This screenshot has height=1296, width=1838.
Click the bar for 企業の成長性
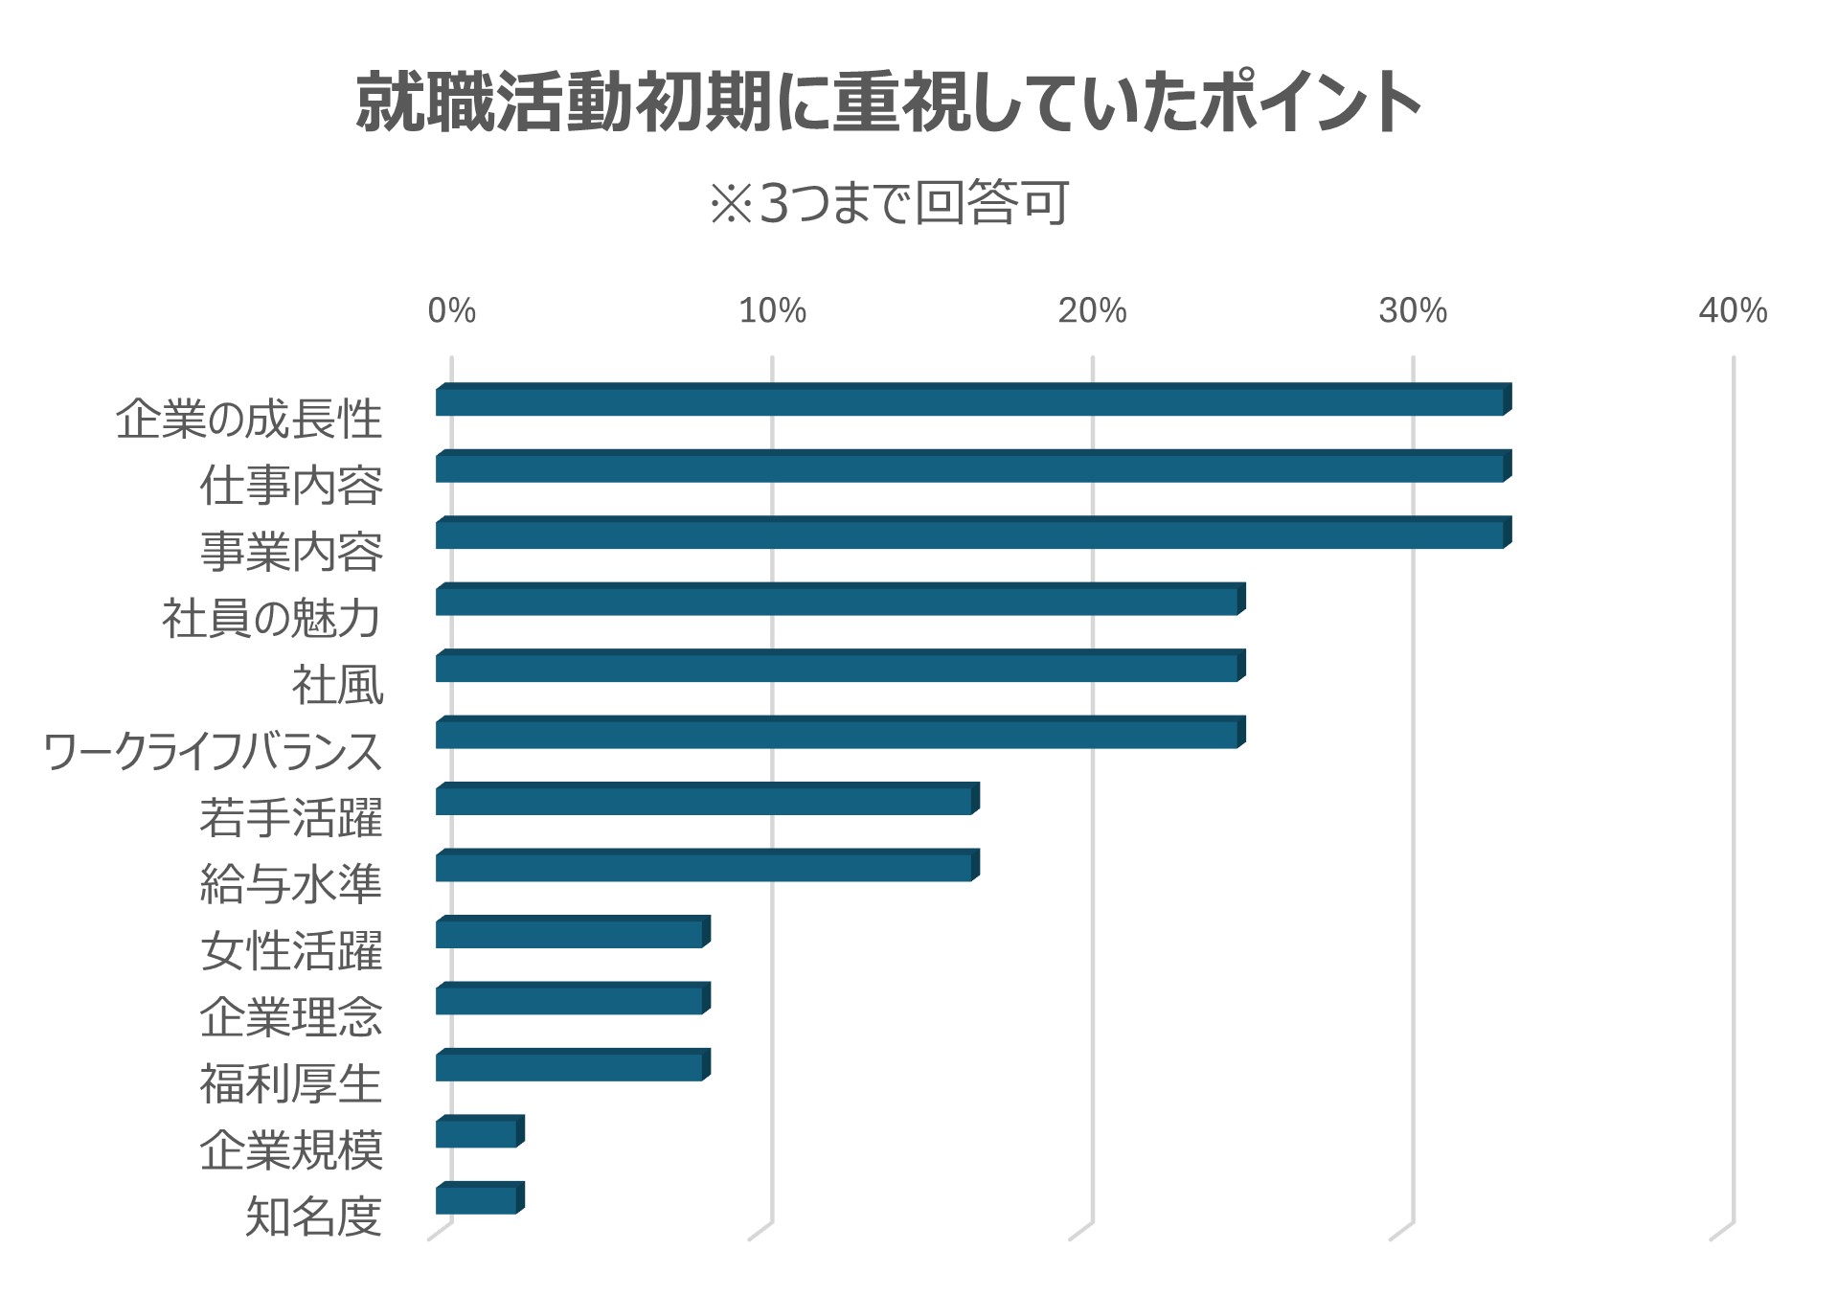[973, 399]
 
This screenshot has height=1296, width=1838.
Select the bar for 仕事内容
[973, 466]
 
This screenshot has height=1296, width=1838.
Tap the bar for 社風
[840, 666]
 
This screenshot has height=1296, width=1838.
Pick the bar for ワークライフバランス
[840, 732]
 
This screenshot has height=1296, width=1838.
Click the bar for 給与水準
[707, 865]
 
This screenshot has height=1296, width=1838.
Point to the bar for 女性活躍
[573, 932]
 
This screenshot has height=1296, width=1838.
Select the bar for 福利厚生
[573, 1064]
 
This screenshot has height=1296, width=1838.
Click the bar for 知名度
[480, 1197]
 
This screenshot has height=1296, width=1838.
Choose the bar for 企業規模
[480, 1131]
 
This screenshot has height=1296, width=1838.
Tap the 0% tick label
[451, 310]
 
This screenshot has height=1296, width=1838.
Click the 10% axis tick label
[772, 310]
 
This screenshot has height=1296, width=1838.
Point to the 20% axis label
[1092, 310]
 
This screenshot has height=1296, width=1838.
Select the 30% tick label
[1413, 310]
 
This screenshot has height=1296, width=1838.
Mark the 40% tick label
[1733, 310]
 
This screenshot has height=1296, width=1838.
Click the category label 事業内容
[291, 552]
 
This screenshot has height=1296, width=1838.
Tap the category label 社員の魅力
[272, 618]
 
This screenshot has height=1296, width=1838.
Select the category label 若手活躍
[291, 817]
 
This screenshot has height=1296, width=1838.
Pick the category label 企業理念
[291, 1016]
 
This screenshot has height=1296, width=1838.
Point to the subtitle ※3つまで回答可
[889, 202]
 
